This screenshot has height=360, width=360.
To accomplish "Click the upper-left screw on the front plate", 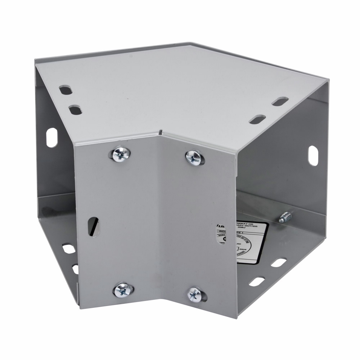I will [x=120, y=155].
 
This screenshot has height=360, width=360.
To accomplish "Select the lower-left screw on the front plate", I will [x=122, y=289].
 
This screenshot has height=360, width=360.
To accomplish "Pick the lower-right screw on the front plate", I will [x=195, y=294].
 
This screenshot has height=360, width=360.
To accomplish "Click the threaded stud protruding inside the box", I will [x=285, y=217].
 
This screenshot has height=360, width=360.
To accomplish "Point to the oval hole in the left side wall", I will [x=51, y=138].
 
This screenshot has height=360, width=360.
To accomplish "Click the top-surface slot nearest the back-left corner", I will [x=66, y=90].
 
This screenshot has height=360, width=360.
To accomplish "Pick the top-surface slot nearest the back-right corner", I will [x=280, y=102].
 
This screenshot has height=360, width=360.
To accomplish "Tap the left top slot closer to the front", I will [x=75, y=110].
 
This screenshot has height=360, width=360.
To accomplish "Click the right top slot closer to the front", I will [x=257, y=120].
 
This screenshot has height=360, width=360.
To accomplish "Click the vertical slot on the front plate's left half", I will [x=93, y=226].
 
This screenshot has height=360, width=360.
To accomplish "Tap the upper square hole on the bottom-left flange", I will [x=68, y=248].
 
